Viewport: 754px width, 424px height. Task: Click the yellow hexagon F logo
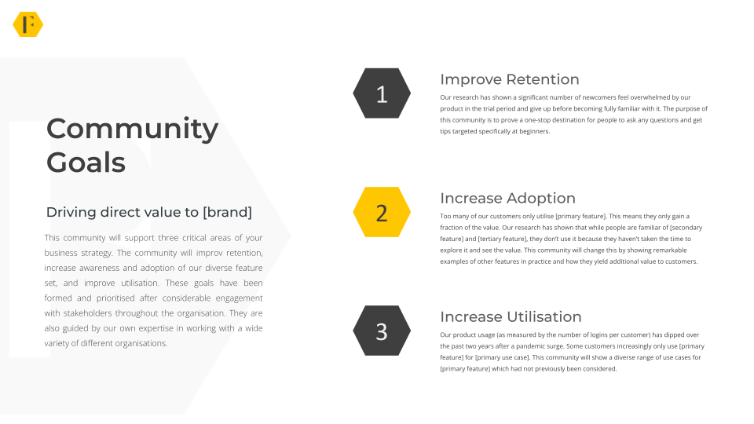pos(28,24)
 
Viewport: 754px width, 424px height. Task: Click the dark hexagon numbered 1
pos(382,93)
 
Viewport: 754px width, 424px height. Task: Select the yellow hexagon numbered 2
pos(382,212)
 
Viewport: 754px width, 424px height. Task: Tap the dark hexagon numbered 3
pos(382,331)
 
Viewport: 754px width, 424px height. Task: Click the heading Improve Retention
pos(509,79)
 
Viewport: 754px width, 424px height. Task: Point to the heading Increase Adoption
pos(507,198)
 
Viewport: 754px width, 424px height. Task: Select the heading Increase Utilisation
pos(511,316)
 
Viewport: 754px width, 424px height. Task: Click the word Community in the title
pos(132,130)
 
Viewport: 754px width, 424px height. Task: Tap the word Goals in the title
pos(86,163)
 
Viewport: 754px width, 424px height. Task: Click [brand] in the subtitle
pos(227,212)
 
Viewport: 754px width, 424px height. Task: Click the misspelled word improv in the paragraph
pos(209,253)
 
